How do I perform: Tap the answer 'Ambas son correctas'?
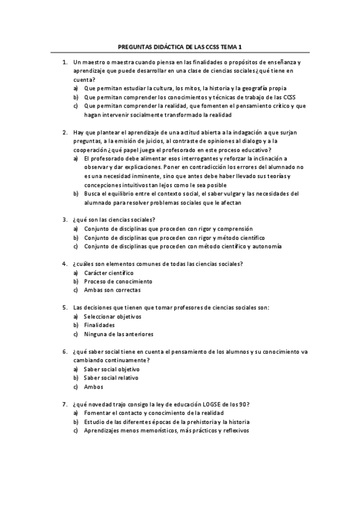[x=112, y=290]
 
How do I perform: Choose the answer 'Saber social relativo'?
[x=111, y=378]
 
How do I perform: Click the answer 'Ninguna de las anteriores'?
[x=119, y=334]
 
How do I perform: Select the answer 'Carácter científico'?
[x=109, y=272]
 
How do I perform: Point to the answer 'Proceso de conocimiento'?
[x=118, y=281]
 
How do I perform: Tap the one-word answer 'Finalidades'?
[x=99, y=325]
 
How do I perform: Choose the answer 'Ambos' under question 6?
[x=94, y=387]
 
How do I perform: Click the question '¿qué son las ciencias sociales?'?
[x=114, y=220]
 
